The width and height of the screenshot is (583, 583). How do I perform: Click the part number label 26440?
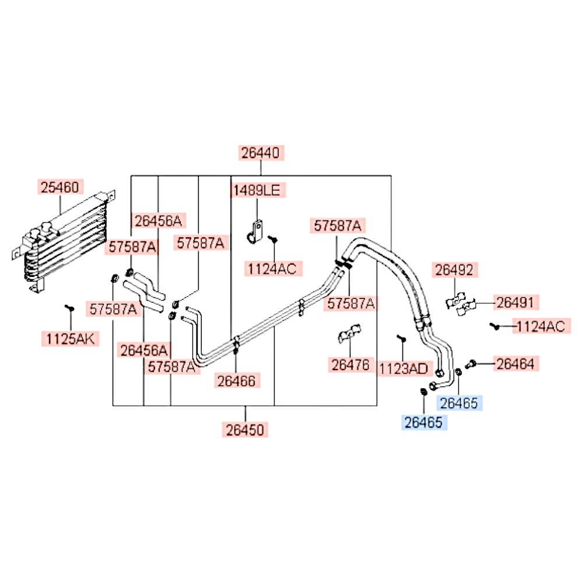261,153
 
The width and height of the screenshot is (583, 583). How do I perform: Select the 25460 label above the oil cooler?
60,187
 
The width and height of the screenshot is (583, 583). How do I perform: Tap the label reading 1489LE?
257,190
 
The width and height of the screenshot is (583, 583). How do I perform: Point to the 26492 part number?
454,270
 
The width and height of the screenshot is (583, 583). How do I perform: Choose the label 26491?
515,303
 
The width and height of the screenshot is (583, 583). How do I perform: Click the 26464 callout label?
515,364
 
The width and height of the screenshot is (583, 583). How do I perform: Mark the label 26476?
350,365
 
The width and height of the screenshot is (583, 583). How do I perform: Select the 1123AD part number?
404,369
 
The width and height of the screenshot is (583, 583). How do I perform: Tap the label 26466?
237,381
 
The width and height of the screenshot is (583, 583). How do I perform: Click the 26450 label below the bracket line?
245,430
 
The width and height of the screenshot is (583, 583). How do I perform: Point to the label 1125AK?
71,339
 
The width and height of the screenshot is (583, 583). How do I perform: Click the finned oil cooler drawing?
63,242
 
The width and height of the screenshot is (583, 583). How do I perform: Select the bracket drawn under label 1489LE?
255,233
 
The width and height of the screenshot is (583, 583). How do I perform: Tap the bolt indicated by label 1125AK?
69,308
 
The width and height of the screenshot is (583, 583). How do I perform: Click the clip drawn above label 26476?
349,333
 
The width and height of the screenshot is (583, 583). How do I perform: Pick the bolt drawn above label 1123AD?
402,339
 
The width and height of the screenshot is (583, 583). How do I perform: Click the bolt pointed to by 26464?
470,364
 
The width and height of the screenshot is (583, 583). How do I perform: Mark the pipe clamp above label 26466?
236,345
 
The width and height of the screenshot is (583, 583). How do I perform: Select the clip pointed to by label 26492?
455,300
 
